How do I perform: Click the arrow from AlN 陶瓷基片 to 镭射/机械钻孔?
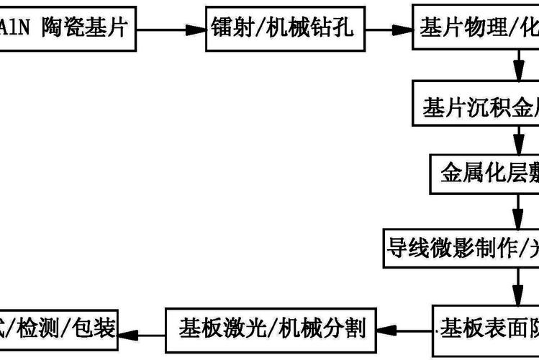170,30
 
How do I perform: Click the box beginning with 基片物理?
475,29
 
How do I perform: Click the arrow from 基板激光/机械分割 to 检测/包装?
144,330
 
